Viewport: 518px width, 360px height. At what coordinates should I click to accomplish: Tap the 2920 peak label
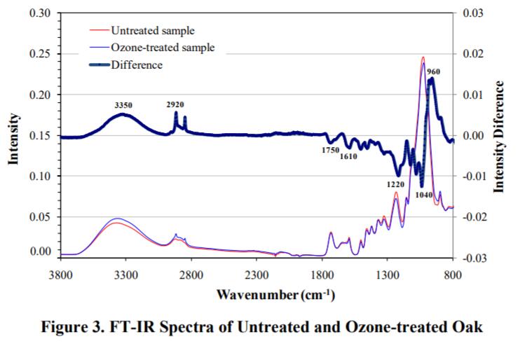[175, 104]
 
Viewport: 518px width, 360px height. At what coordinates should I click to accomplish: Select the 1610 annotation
[349, 156]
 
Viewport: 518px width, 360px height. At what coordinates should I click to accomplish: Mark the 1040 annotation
[423, 195]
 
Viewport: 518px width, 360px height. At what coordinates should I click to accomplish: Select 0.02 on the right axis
[475, 54]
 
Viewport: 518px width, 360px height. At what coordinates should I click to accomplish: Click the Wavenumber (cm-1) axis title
[275, 293]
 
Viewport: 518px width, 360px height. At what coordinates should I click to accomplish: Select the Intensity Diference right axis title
[500, 136]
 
